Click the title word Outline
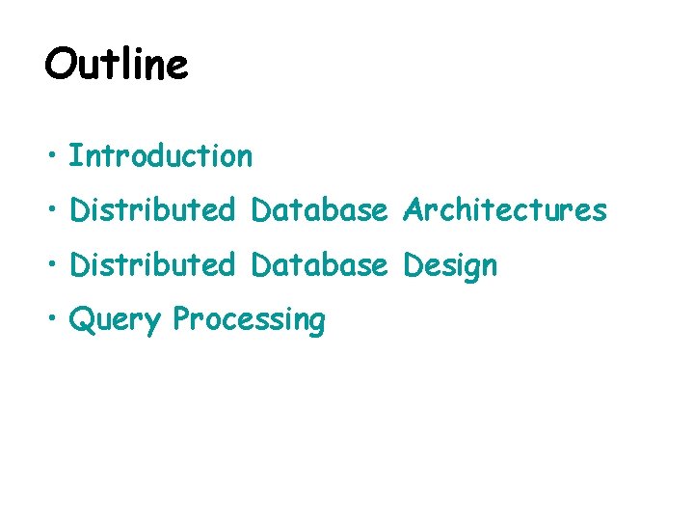pos(116,65)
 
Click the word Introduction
pos(161,155)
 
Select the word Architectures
pos(505,209)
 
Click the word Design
pos(450,266)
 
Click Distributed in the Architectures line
pos(152,209)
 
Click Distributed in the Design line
pos(152,264)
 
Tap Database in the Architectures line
pos(319,209)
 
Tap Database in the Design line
pos(319,264)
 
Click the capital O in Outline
pos(61,65)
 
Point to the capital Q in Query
pos(80,318)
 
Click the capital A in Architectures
pos(414,209)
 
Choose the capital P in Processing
pos(182,318)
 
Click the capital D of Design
pos(414,264)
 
